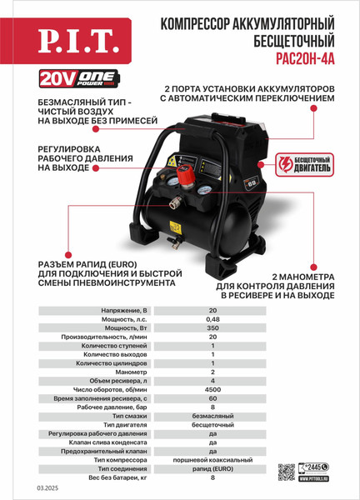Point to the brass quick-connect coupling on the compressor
173,202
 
